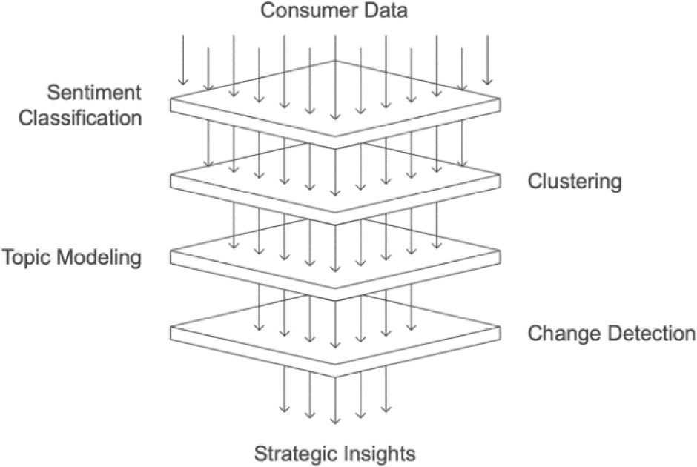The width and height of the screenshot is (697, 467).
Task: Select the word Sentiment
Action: click(93, 93)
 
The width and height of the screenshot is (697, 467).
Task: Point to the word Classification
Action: click(79, 117)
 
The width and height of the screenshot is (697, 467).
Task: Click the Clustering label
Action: click(575, 181)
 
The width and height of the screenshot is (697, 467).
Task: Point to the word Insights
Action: click(380, 451)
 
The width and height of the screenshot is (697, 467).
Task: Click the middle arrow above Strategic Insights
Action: click(334, 400)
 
